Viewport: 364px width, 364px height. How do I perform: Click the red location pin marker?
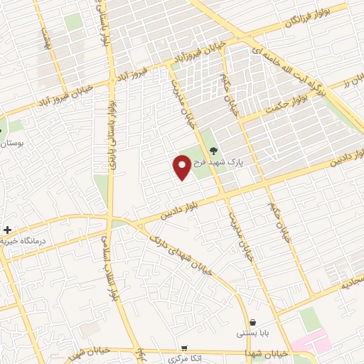(182, 167)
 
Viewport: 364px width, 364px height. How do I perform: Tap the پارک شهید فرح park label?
(240, 162)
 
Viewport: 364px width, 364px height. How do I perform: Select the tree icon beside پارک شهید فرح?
(212, 150)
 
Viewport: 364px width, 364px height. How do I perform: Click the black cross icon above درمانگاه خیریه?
(7, 230)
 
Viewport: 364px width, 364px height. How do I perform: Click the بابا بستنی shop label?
(254, 333)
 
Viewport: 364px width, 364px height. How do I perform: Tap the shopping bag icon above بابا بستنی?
(253, 321)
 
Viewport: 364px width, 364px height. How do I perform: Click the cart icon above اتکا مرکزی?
(185, 348)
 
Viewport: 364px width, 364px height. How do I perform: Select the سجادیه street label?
(353, 281)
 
